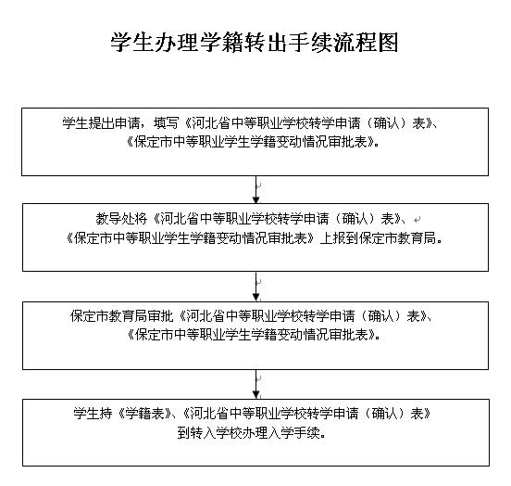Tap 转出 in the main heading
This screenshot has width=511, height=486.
[x=255, y=43]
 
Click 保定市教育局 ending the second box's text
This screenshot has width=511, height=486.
[x=397, y=238]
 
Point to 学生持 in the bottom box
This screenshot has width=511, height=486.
[x=93, y=414]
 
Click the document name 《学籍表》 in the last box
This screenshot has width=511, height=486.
[x=144, y=414]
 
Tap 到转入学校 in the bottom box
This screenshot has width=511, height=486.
[x=209, y=433]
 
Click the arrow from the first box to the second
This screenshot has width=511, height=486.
[x=256, y=190]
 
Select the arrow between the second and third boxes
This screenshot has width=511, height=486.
[x=256, y=287]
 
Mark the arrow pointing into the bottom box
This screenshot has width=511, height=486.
[x=256, y=384]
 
